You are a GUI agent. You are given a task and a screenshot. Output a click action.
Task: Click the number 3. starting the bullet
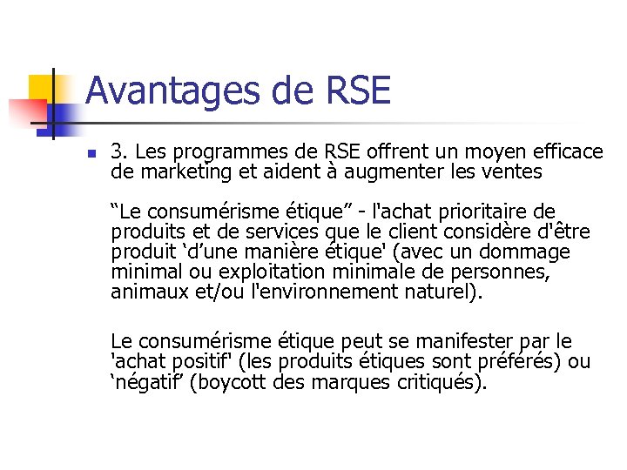pyautogui.click(x=119, y=152)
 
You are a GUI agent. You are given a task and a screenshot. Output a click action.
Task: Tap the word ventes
pyautogui.click(x=512, y=172)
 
